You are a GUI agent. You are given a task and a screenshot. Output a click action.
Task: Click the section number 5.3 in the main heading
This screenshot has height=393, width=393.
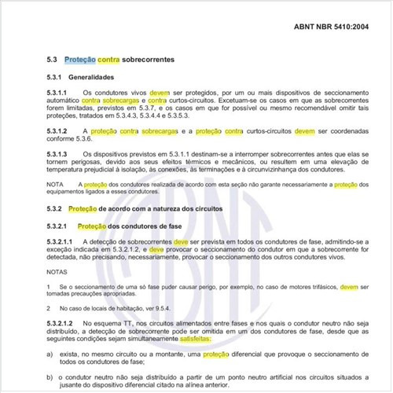tap(52, 60)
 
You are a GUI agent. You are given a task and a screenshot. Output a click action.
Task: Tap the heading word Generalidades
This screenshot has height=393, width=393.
tap(91, 78)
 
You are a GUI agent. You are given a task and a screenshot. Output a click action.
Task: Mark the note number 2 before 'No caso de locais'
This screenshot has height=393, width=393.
tap(48, 308)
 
